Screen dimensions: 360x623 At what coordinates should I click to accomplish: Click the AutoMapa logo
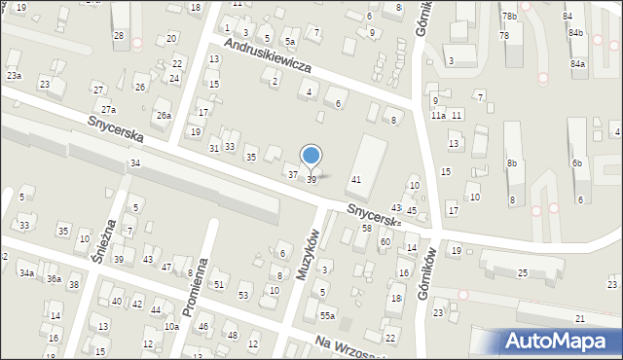(x=559, y=342)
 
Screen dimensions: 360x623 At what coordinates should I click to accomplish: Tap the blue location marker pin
(x=311, y=156)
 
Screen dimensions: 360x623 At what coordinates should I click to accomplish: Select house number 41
(x=356, y=180)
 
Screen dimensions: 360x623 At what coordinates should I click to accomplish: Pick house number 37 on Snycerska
(x=292, y=174)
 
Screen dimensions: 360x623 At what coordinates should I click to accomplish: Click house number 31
(x=214, y=148)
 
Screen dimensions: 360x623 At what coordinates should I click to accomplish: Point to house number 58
(x=367, y=227)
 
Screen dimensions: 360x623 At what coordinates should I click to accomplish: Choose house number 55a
(x=328, y=316)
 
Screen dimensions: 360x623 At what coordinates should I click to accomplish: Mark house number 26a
(x=164, y=116)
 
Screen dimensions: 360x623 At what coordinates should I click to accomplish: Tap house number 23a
(x=14, y=75)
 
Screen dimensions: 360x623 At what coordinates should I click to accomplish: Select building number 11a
(x=439, y=115)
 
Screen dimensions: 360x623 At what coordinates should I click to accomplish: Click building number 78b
(x=509, y=17)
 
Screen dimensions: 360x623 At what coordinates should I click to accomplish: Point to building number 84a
(x=578, y=63)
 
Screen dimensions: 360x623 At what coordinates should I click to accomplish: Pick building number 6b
(x=577, y=162)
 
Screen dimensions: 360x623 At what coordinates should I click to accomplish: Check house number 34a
(x=26, y=273)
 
